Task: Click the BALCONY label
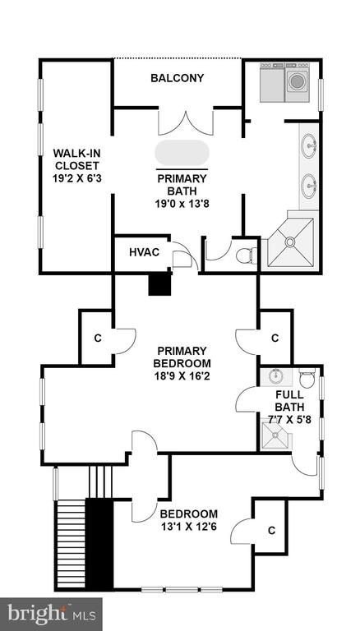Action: (x=178, y=78)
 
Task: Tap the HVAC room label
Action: (x=144, y=253)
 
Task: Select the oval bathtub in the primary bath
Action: (x=182, y=153)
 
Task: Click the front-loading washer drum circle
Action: (x=297, y=81)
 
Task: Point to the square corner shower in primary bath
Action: (x=290, y=242)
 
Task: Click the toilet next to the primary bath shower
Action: (x=247, y=256)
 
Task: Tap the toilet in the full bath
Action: (x=307, y=378)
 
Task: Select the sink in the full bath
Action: (x=276, y=376)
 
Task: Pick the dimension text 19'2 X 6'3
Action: (x=76, y=178)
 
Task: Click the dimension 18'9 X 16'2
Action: (x=182, y=377)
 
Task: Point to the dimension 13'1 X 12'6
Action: (x=189, y=527)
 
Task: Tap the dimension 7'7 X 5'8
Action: (x=290, y=420)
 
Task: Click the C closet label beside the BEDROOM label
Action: (x=271, y=531)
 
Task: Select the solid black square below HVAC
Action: (x=160, y=283)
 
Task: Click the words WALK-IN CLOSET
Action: (x=76, y=159)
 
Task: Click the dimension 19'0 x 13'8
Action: (x=182, y=204)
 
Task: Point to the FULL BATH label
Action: (x=290, y=400)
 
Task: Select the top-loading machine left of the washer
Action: (x=272, y=82)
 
